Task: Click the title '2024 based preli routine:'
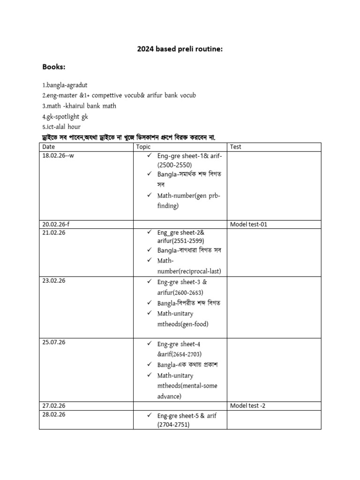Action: tap(180, 49)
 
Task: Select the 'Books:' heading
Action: tap(54, 67)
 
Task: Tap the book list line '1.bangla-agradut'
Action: tap(65, 85)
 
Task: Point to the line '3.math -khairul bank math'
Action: tap(79, 106)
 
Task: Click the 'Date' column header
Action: tap(49, 147)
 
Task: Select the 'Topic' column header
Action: tap(143, 147)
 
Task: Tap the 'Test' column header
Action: tap(236, 147)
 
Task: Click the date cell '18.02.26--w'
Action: tap(58, 156)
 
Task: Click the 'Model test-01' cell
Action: tap(248, 224)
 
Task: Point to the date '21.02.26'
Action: tap(54, 232)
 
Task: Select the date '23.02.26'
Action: tap(54, 281)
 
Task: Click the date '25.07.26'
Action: tap(54, 342)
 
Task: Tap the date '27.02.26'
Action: tap(54, 405)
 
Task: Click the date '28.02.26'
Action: tap(54, 414)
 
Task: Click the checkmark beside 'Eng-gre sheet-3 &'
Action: tap(150, 282)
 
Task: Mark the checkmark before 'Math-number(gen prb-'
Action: tap(150, 195)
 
